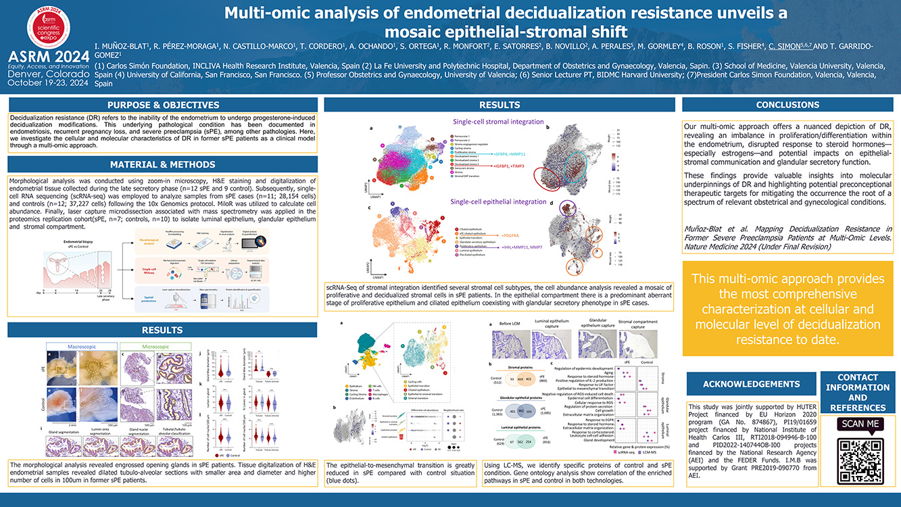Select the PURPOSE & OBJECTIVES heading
click(163, 105)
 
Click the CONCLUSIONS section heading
click(787, 105)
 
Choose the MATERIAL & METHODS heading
click(163, 164)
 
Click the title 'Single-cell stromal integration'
click(498, 122)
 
